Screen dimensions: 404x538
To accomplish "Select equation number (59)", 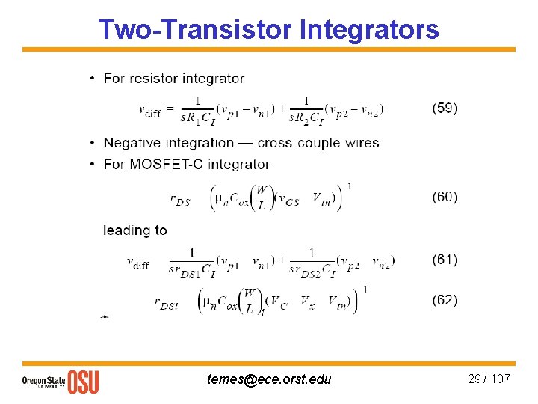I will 445,108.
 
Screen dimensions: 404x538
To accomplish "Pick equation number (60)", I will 445,197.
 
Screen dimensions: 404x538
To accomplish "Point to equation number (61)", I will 445,260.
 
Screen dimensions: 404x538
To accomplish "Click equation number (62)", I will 445,300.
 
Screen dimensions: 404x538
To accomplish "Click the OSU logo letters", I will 83,382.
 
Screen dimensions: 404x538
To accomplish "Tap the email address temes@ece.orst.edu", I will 269,379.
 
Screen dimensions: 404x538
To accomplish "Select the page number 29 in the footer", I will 474,379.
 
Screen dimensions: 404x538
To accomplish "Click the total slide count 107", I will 500,379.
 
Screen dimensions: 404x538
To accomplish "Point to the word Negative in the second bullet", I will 132,143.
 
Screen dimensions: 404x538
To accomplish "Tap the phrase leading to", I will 135,230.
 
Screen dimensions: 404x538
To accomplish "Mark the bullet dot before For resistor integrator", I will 91,79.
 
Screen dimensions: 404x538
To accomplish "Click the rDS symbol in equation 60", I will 180,200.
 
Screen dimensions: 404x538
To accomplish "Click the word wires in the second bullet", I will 361,143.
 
